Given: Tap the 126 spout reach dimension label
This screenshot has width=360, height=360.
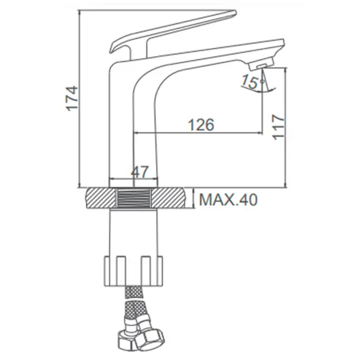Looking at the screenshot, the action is tap(201, 124).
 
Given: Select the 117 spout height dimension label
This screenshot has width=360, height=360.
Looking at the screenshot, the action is tap(278, 127).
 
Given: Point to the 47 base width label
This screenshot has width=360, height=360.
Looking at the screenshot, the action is tap(140, 172).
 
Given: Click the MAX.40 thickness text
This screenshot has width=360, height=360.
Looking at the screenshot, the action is tap(228, 200).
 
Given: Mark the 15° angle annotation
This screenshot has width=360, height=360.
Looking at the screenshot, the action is tap(252, 81).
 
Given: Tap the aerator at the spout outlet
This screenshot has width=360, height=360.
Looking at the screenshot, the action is tap(261, 65).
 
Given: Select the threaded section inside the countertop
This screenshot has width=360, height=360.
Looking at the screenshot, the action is tap(134, 198).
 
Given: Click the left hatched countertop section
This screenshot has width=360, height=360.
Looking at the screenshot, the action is tap(100, 198).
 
